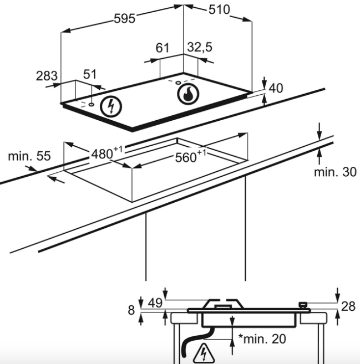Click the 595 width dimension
pyautogui.click(x=125, y=18)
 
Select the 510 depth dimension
pyautogui.click(x=219, y=10)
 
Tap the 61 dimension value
pyautogui.click(x=162, y=48)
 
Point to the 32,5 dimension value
pyautogui.click(x=200, y=47)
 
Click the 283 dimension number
pyautogui.click(x=47, y=76)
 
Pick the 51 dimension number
pyautogui.click(x=90, y=75)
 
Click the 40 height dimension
pyautogui.click(x=276, y=88)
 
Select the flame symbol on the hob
pyautogui.click(x=188, y=94)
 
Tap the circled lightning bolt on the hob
pyautogui.click(x=111, y=107)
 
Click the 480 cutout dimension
pyautogui.click(x=107, y=153)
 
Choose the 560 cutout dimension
pyautogui.click(x=190, y=156)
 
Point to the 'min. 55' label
pyautogui.click(x=29, y=156)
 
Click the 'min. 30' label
pyautogui.click(x=335, y=172)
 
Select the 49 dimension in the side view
pyautogui.click(x=155, y=303)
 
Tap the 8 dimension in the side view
pyautogui.click(x=131, y=310)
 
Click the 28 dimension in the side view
pyautogui.click(x=348, y=306)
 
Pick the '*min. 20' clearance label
pyautogui.click(x=262, y=339)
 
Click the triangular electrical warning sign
pyautogui.click(x=204, y=353)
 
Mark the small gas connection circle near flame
pyautogui.click(x=178, y=83)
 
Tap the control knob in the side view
pyautogui.click(x=303, y=305)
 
